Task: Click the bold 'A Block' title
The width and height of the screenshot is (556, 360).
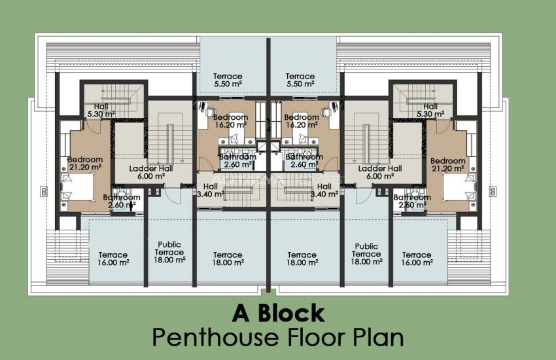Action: click(278, 313)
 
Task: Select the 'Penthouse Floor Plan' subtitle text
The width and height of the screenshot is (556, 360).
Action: click(278, 338)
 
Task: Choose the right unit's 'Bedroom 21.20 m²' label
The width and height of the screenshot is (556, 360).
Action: click(447, 164)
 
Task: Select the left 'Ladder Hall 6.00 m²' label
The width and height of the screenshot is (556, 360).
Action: click(150, 172)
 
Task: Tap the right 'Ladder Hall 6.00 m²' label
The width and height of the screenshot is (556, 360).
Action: click(380, 172)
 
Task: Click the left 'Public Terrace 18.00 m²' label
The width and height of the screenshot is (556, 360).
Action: click(170, 253)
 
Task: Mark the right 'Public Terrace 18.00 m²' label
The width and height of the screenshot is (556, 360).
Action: click(366, 254)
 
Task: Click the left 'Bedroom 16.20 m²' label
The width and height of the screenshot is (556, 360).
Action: click(230, 120)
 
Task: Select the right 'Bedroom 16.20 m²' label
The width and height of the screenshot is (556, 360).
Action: click(302, 120)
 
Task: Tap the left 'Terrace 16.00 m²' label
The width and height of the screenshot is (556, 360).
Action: click(113, 259)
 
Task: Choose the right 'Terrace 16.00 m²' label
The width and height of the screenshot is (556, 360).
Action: click(417, 259)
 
